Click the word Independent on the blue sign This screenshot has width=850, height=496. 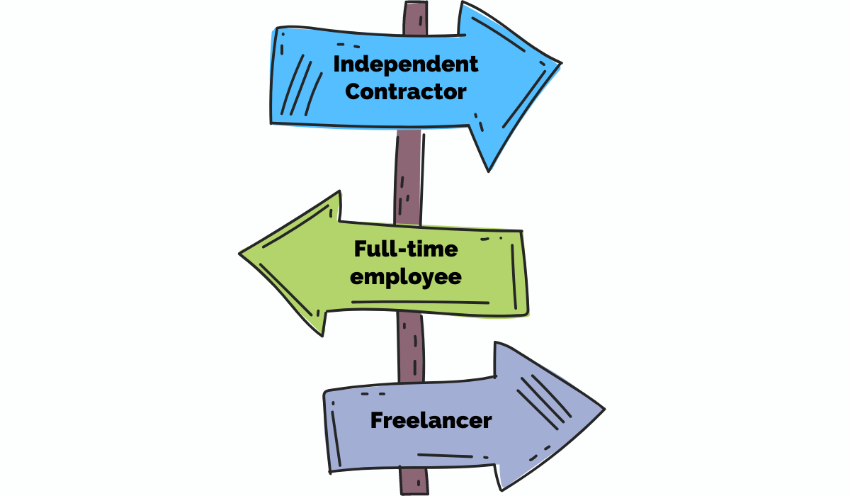[406, 64]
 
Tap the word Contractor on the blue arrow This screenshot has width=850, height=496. [406, 91]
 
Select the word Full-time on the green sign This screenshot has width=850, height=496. [406, 249]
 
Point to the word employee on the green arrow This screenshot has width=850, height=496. [406, 276]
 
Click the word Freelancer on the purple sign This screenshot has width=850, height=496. [431, 420]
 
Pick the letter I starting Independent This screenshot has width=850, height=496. [336, 64]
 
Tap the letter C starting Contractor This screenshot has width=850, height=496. [353, 91]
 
